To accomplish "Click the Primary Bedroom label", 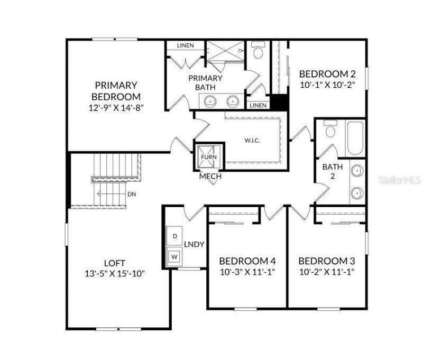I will pyautogui.click(x=116, y=91).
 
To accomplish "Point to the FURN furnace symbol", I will pyautogui.click(x=208, y=157).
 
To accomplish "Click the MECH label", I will pyautogui.click(x=210, y=177).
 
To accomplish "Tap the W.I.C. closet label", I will pyautogui.click(x=252, y=141).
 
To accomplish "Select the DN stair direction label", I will pyautogui.click(x=132, y=194).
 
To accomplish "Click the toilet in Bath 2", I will pyautogui.click(x=331, y=130).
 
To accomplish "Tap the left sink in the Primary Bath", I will pyautogui.click(x=211, y=100).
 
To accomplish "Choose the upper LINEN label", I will pyautogui.click(x=185, y=45).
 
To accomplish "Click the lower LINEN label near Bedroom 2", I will pyautogui.click(x=258, y=105).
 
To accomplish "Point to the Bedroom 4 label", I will pyautogui.click(x=247, y=261).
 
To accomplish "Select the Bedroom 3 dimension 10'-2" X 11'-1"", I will pyautogui.click(x=326, y=272).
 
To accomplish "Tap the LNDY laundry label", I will pyautogui.click(x=194, y=244).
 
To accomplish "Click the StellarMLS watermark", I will pyautogui.click(x=400, y=180).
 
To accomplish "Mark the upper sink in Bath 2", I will pyautogui.click(x=357, y=171).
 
